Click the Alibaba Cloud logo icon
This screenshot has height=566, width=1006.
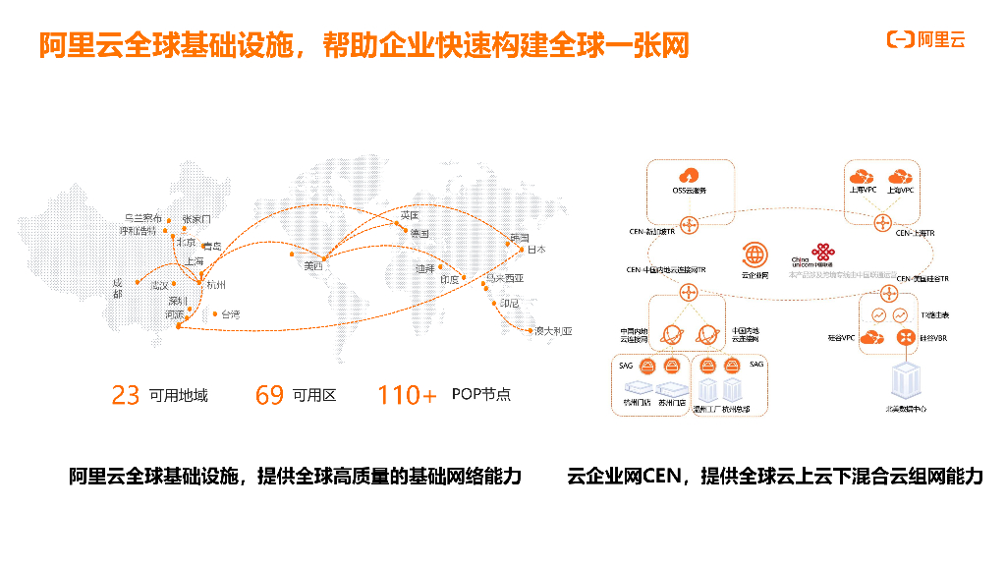[x=900, y=39]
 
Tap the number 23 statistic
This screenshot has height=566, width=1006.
[x=126, y=395]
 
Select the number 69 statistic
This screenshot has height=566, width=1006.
[x=269, y=395]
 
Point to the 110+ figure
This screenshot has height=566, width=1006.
[x=407, y=395]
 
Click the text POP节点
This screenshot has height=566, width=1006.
[x=481, y=395]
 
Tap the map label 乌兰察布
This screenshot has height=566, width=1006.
[x=142, y=217]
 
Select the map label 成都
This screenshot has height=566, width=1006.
[x=118, y=287]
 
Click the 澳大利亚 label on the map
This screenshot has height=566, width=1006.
[x=553, y=332]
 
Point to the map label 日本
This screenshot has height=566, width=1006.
[x=536, y=250]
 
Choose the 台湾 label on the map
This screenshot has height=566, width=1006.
[x=230, y=314]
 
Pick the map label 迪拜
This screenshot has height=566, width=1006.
[x=424, y=267]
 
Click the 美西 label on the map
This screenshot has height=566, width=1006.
[x=313, y=265]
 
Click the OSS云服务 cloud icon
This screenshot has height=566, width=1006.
[x=689, y=176]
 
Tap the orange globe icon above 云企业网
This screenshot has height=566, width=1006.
[x=754, y=255]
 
